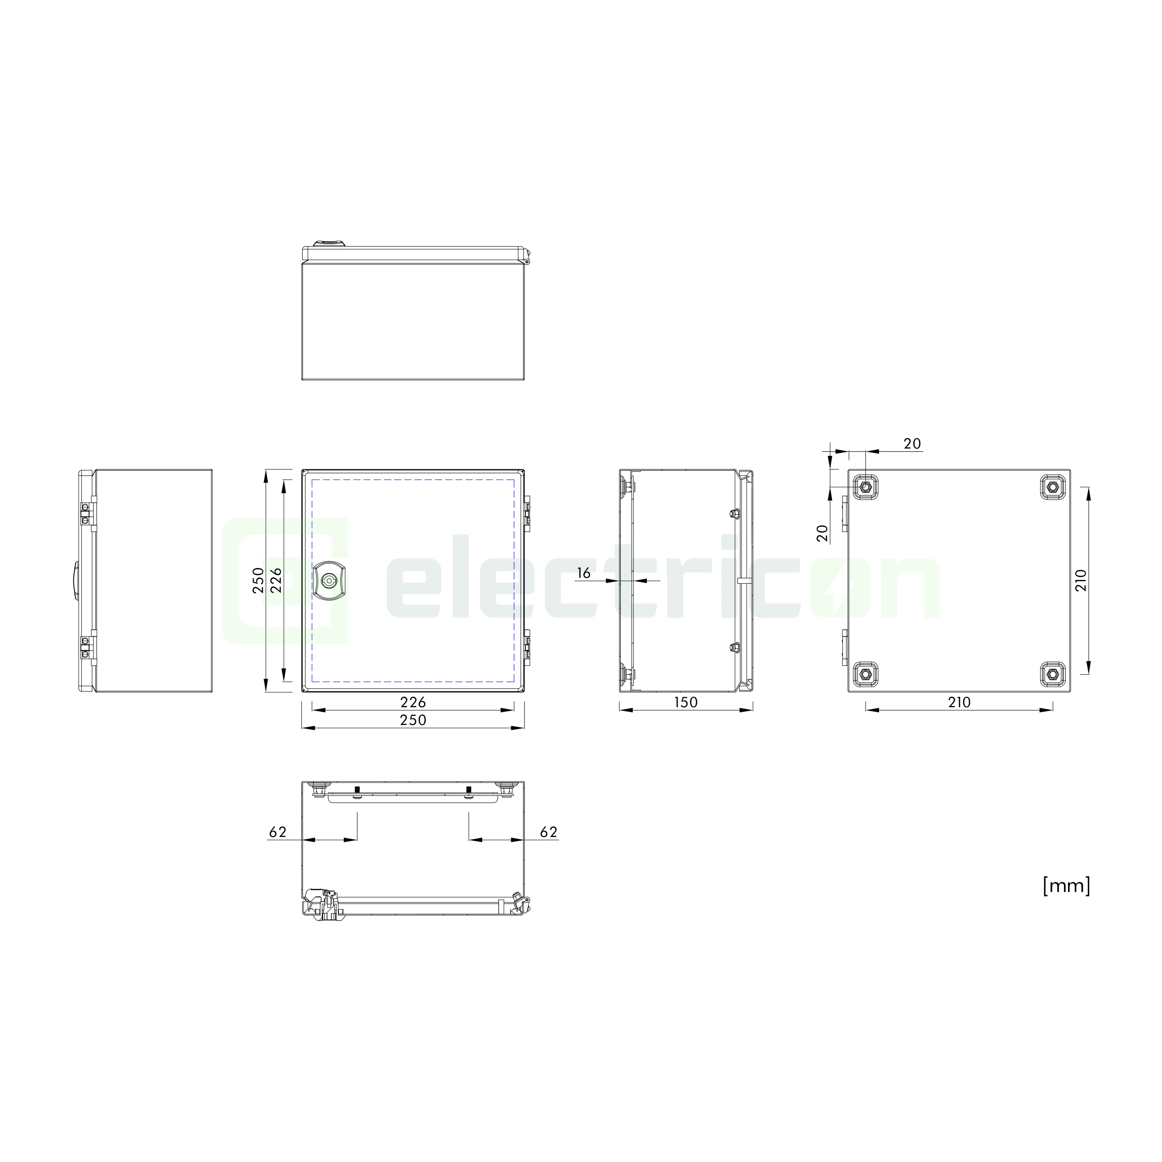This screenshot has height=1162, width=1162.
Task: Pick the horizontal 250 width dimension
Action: point(413,720)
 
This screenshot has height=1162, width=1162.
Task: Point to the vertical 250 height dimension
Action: point(258,580)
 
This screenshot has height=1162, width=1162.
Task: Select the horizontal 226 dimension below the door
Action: point(413,702)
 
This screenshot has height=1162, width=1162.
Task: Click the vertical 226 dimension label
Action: point(276,580)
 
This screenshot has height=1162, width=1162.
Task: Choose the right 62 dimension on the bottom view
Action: point(549,832)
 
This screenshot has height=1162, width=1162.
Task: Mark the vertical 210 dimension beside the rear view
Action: point(1081,580)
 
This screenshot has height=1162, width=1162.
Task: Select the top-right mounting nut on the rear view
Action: point(1053,487)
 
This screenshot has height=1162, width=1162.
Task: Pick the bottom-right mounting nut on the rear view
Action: point(1053,674)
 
